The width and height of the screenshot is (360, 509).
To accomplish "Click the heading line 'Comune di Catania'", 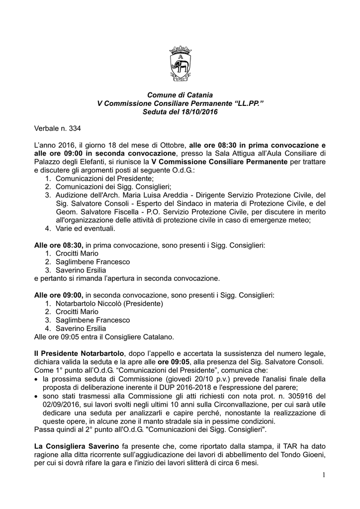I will [x=180, y=94].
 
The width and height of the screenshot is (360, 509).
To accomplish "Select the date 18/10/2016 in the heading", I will [x=198, y=112].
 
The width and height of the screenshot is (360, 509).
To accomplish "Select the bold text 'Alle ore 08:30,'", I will [x=59, y=246].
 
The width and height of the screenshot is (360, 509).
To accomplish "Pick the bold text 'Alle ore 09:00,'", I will [x=59, y=295].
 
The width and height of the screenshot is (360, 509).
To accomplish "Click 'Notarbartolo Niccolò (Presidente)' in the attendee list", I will [x=109, y=304].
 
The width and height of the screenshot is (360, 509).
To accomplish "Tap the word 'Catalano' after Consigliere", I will [x=158, y=337].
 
